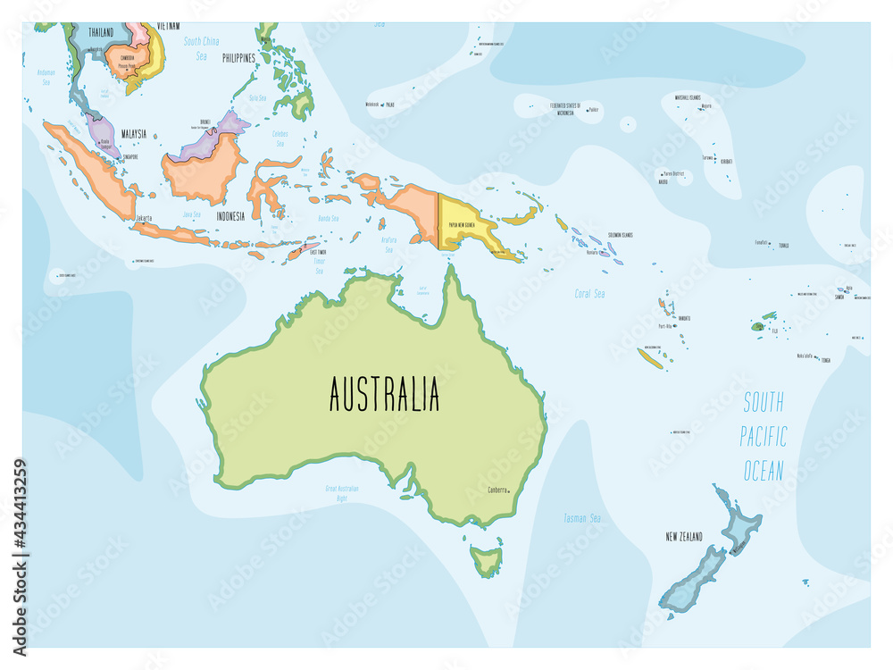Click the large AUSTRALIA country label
tap(384, 394)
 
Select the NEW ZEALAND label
tap(684, 537)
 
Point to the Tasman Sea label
tap(581, 518)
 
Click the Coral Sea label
tap(589, 293)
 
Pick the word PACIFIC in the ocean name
tap(764, 437)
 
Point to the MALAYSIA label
tap(128, 133)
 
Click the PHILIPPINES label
tap(233, 58)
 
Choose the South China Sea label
tap(201, 48)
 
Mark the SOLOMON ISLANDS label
tap(620, 235)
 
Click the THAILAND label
tap(100, 32)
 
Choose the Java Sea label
tap(192, 214)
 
